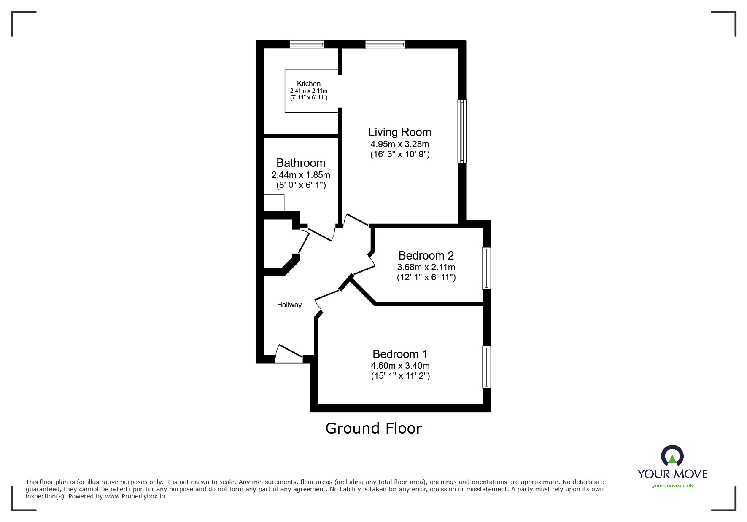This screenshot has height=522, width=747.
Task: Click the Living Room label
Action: coord(399,132)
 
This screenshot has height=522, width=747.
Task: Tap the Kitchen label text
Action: coord(308,83)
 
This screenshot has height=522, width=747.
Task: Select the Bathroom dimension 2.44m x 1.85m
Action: coord(301,175)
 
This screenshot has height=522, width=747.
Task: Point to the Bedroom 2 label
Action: coord(426,256)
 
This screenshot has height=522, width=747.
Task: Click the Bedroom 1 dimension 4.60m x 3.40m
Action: coord(400,366)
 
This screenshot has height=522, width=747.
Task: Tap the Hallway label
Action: coord(289,305)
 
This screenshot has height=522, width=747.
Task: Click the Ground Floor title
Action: coord(373,428)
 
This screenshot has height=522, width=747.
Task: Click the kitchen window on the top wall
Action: coord(307,44)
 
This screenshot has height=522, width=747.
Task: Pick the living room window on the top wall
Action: coord(385,44)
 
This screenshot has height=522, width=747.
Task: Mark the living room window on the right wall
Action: coord(462,131)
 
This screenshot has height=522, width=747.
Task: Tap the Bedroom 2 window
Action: coord(486,268)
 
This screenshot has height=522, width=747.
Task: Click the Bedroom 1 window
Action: coord(486,367)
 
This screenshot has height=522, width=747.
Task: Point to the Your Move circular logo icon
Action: coord(672,457)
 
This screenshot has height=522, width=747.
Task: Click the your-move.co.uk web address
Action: coord(672,486)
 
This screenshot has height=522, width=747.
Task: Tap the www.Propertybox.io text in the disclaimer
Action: coord(135,496)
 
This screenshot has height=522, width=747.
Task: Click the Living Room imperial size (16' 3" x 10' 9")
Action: coord(400,154)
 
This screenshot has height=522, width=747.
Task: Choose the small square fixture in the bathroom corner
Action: coord(274,203)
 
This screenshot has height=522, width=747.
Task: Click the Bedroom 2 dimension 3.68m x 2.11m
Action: coord(426,267)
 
